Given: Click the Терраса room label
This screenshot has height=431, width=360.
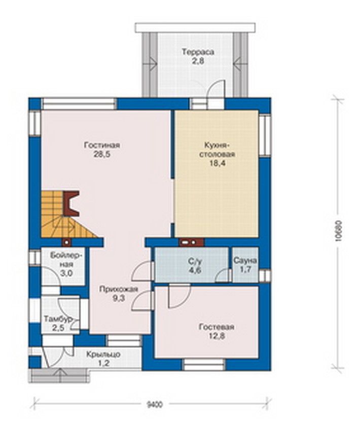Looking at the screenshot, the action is pos(198,52).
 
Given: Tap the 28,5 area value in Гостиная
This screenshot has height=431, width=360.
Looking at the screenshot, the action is pos(102,154).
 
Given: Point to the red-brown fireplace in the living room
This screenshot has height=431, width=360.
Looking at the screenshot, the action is pos(71,204).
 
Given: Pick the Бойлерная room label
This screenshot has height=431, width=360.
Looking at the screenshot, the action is pos(66,260).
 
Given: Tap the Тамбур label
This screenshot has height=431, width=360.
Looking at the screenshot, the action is pos(58,319).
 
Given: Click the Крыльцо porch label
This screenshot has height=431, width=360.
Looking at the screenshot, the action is pos(103,355).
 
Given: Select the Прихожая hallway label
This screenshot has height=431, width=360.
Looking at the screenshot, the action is pos(118,289).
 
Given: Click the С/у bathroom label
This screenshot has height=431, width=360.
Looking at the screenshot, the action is pos(195,261).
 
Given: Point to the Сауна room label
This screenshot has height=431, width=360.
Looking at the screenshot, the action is pos(245,261).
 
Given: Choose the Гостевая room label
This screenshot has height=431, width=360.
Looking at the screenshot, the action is pos(217,327).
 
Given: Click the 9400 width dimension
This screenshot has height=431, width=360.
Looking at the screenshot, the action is pos(155,405).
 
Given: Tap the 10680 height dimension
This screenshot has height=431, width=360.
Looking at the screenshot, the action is pos(339,231).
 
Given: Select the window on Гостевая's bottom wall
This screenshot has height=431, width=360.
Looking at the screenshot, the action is pos(204,365).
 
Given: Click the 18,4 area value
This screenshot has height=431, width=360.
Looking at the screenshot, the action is pos(217,163).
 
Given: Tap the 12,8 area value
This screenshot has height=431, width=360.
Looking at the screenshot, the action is pos(217,336).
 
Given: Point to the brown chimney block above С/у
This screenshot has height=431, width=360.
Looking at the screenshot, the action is pos(191,243).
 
